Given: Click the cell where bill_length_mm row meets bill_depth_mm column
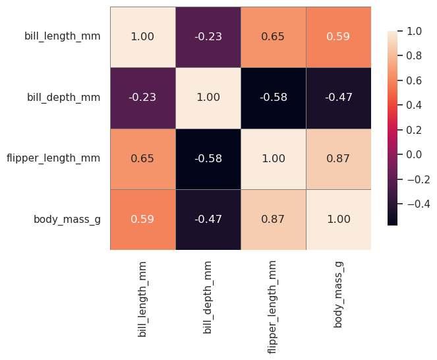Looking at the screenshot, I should coord(208,36).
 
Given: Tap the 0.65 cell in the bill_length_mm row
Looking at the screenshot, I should coord(273,36).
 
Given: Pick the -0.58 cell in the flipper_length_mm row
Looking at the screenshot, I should coord(208,158).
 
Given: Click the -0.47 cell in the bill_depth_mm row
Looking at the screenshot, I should coord(337,98).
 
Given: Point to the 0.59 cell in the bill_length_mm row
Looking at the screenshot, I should coord(337,36).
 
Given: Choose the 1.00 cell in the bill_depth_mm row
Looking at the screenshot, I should coord(208,98).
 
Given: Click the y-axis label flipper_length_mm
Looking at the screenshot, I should coord(53,158).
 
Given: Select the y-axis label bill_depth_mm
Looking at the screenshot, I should coord(64,98).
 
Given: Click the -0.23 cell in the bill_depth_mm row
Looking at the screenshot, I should coord(143,98).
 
